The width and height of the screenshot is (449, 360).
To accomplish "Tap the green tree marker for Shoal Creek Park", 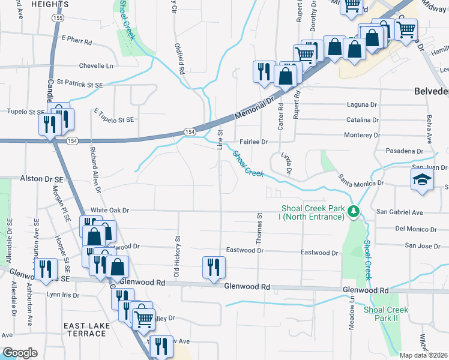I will click(355, 211).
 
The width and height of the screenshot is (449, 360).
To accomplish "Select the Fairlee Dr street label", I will click(253, 142).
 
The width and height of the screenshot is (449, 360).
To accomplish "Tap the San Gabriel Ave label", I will click(400, 212).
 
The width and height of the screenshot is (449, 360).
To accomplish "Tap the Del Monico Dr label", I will click(415, 229).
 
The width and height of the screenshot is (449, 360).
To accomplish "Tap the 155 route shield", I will click(58, 19).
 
